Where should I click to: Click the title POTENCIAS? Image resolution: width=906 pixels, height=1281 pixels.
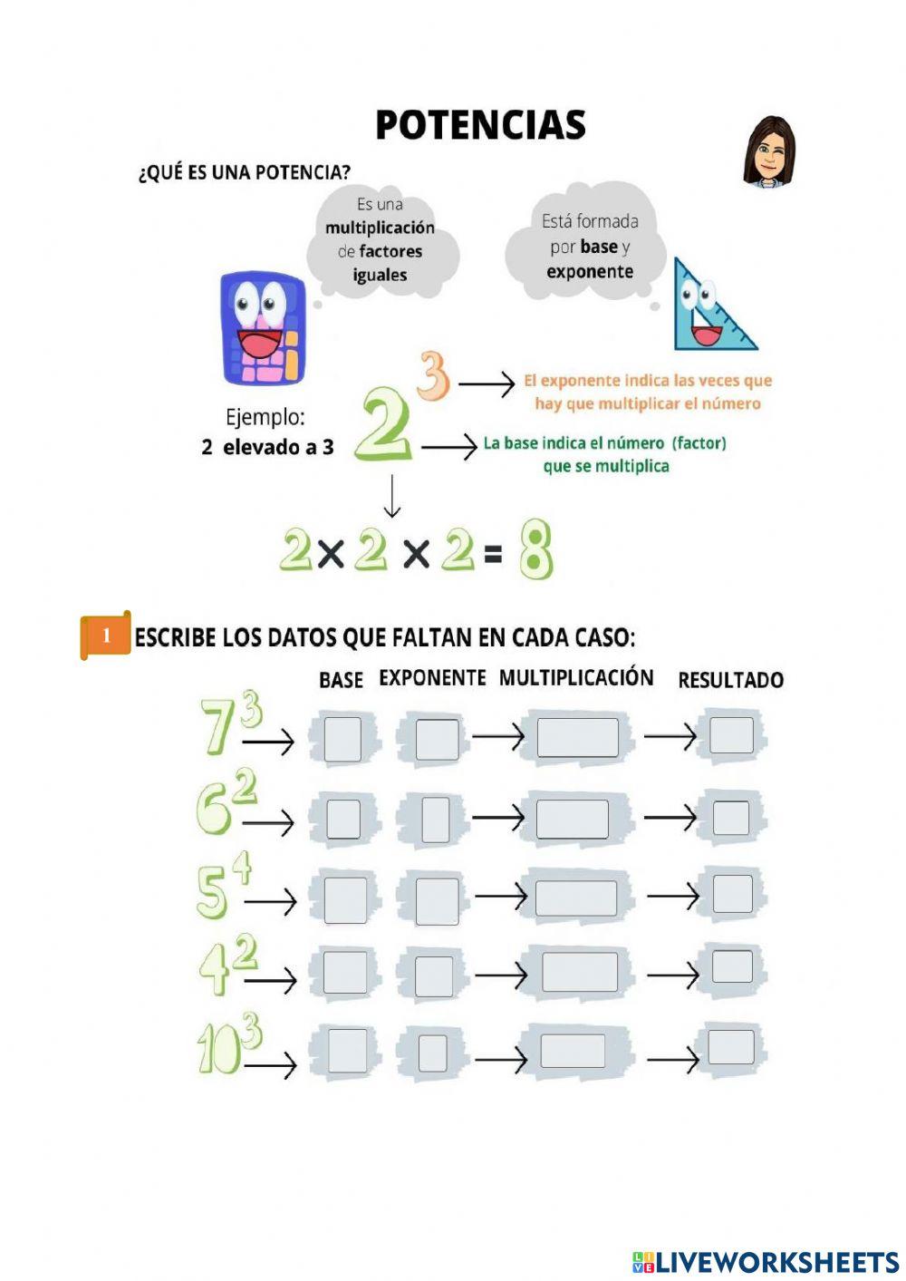pyautogui.click(x=480, y=125)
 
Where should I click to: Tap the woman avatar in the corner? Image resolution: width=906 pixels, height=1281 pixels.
pyautogui.click(x=769, y=152)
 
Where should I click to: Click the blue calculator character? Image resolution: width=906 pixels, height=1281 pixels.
pyautogui.click(x=263, y=328)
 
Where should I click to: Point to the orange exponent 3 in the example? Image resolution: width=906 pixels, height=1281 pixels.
pyautogui.click(x=434, y=375)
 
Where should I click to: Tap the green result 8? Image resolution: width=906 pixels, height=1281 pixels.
pyautogui.click(x=535, y=549)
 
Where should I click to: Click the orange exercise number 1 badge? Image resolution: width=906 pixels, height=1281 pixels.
pyautogui.click(x=106, y=636)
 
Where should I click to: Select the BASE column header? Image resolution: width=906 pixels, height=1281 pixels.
pyautogui.click(x=341, y=680)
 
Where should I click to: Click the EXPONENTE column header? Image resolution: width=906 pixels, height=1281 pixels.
pyautogui.click(x=432, y=678)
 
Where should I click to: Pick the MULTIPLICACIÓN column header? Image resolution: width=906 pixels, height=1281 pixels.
pyautogui.click(x=576, y=678)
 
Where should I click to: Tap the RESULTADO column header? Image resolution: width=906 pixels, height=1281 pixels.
pyautogui.click(x=730, y=680)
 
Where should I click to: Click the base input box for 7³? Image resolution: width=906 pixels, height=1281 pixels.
pyautogui.click(x=342, y=739)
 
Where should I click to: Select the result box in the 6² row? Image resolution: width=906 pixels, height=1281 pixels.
pyautogui.click(x=730, y=818)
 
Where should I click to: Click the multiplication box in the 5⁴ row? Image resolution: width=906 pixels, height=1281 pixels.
pyautogui.click(x=575, y=898)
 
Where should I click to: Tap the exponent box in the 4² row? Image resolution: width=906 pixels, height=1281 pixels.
pyautogui.click(x=434, y=976)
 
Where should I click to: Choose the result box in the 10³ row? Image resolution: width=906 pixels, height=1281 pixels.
pyautogui.click(x=730, y=1047)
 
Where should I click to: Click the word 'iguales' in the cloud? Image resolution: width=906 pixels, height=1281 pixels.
pyautogui.click(x=380, y=275)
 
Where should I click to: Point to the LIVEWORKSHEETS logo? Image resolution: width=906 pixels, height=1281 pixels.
pyautogui.click(x=766, y=1261)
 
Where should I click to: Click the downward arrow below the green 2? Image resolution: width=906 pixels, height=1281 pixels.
pyautogui.click(x=391, y=496)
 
